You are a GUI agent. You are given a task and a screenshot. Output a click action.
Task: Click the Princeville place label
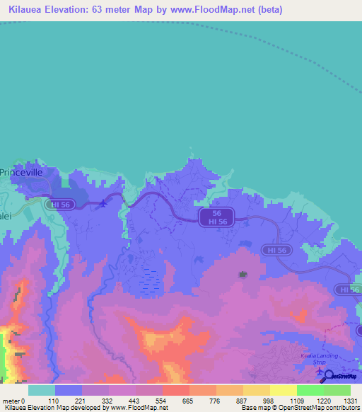pos(22,172)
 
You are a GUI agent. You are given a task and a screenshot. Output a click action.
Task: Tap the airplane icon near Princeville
pos(105,204)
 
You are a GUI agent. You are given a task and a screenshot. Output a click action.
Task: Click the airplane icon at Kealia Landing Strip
pos(320,371)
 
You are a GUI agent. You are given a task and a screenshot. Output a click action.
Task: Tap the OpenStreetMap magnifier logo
pos(329,375)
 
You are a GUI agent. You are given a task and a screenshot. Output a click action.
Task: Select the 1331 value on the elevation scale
pos(351,401)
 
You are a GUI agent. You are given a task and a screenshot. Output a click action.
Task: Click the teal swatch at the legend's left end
pos(42,390)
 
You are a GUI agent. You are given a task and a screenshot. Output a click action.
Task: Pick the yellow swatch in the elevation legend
pos(283,390)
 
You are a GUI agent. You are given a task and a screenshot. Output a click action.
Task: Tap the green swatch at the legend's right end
pos(337,390)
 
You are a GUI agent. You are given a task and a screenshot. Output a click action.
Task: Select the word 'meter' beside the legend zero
pos(11,401)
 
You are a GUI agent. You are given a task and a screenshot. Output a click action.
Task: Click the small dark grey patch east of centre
pos(243,273)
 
